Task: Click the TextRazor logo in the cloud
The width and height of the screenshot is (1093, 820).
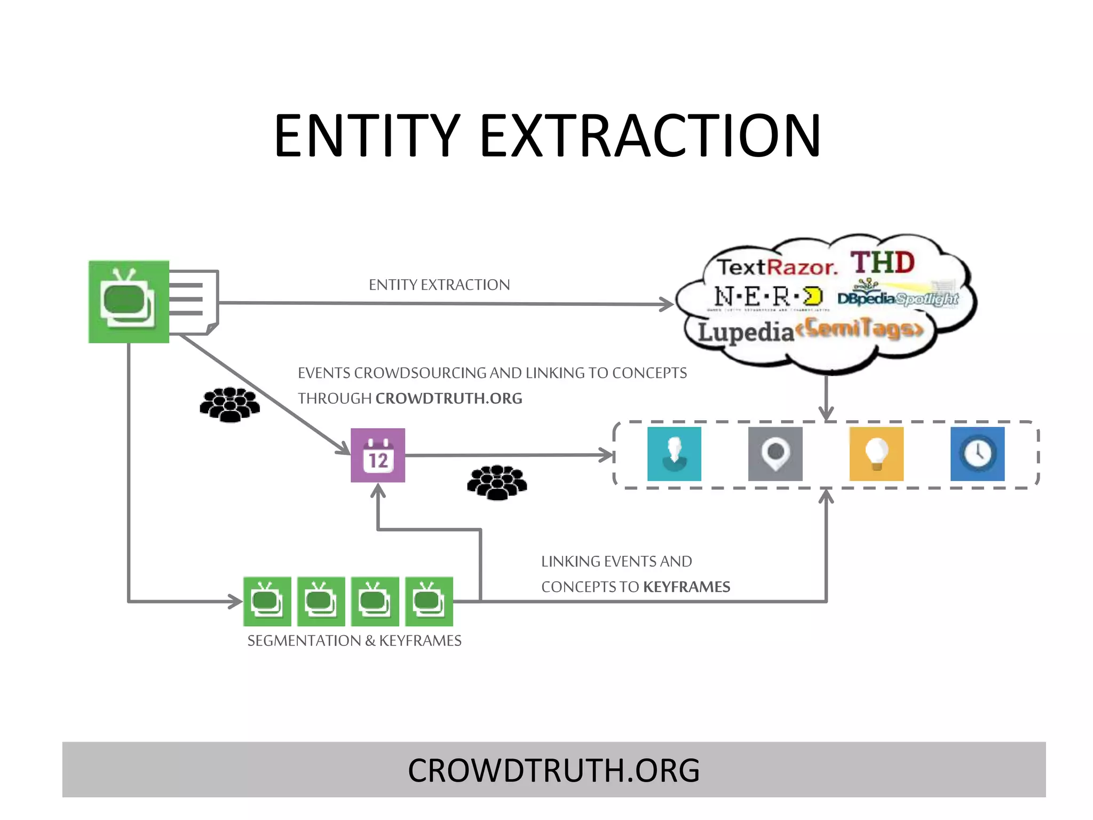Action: (x=777, y=267)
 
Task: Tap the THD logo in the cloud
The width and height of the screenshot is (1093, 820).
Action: (x=883, y=263)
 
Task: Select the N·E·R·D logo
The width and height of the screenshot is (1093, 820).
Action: (x=769, y=297)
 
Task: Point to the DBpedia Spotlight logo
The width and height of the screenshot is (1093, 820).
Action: (x=898, y=298)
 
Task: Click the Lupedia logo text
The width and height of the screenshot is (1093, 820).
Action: (x=746, y=332)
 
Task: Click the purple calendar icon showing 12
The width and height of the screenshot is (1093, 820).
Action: (x=378, y=455)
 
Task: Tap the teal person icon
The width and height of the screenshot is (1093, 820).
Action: (x=674, y=454)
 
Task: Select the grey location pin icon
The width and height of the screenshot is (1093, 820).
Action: (x=775, y=454)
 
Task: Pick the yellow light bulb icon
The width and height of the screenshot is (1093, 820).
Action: (x=876, y=454)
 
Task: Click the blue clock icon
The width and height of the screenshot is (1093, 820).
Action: (x=977, y=454)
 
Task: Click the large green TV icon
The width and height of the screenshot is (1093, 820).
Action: (x=129, y=302)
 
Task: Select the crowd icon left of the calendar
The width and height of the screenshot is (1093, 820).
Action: (x=229, y=405)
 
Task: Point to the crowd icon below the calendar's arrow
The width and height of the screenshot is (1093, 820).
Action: (x=497, y=482)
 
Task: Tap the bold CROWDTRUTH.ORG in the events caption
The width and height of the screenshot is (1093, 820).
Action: (x=449, y=398)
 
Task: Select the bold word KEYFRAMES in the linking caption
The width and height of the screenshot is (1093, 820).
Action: (x=686, y=587)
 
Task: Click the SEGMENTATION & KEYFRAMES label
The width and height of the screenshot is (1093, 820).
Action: (x=354, y=640)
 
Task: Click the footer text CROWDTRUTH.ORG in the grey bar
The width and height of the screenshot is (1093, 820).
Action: (x=553, y=770)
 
